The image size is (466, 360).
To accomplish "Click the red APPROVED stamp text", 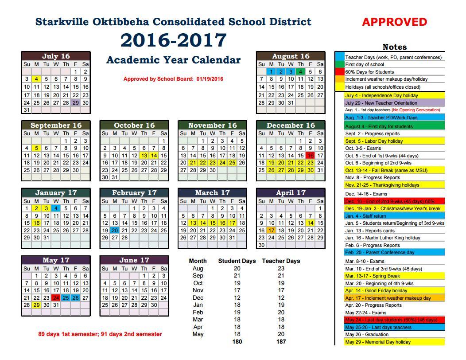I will point(394,22).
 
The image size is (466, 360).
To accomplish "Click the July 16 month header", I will point(56,56).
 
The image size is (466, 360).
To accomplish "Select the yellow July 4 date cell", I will point(36,79).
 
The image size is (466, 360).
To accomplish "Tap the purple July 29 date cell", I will point(76,102).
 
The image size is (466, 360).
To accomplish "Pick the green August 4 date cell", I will point(300,71).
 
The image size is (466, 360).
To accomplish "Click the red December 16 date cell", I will point(310,156).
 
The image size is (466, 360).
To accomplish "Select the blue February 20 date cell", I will point(115,231).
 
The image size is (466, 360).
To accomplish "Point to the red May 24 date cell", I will point(56,297).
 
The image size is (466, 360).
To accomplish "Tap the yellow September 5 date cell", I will point(36,148).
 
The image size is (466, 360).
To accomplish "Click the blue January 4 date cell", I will point(56,208).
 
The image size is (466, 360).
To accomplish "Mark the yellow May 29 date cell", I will point(36,305).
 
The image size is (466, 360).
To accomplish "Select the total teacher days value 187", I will point(281,341).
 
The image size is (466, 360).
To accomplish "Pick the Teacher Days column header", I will point(281,261).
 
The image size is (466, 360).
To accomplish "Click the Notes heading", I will point(394,47).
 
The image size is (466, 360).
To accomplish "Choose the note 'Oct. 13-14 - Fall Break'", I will point(382,170).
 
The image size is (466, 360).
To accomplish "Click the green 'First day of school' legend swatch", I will point(339,65).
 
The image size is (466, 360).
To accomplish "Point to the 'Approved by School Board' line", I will point(173,79).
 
